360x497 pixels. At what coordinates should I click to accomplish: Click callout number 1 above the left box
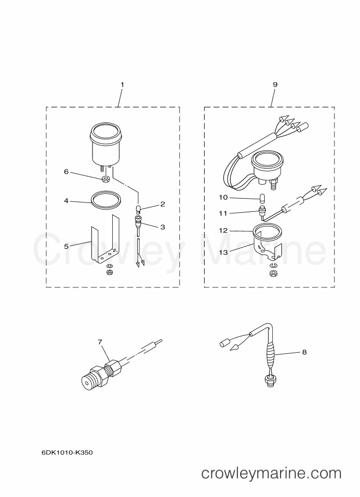click(x=122, y=84)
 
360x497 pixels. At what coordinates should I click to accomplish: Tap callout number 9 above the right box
click(x=275, y=84)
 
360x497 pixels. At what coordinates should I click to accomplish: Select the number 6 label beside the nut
click(x=66, y=171)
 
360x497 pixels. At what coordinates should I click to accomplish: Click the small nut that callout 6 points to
click(x=107, y=179)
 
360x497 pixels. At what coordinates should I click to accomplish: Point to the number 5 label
click(x=66, y=246)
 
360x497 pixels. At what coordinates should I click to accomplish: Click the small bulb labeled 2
click(x=138, y=209)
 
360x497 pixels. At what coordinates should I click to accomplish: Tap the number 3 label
click(x=163, y=227)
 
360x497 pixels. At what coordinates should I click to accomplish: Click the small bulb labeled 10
click(x=263, y=199)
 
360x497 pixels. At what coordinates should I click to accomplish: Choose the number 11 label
click(x=223, y=213)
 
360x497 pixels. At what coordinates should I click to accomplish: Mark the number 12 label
click(x=223, y=230)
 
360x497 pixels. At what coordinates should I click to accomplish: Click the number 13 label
click(x=223, y=252)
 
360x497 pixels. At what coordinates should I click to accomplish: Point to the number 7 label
click(x=100, y=342)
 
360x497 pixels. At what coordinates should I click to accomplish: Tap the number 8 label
click(x=304, y=352)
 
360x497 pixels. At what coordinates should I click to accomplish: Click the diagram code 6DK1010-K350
click(x=67, y=452)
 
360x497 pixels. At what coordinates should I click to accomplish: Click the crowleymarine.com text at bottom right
click(x=271, y=474)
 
